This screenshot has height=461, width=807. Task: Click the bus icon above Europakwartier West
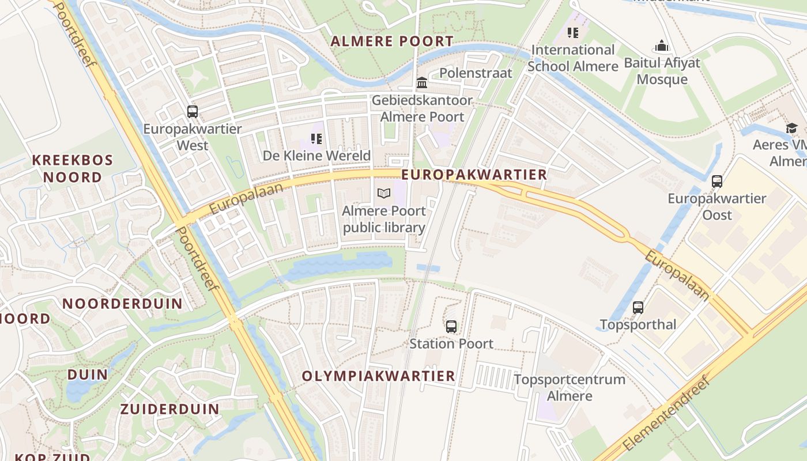click(193, 112)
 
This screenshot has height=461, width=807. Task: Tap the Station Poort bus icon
click(451, 327)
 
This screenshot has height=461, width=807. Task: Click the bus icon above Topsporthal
click(638, 308)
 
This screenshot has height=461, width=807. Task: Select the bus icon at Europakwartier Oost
click(717, 182)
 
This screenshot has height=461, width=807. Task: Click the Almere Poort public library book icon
click(384, 194)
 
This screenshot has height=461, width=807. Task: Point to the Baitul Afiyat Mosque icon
click(662, 46)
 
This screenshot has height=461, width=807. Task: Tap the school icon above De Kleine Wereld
click(316, 139)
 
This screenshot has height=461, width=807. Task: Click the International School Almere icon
click(572, 33)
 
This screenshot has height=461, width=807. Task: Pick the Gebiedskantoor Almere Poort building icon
click(422, 83)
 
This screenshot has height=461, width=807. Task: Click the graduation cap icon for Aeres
click(791, 128)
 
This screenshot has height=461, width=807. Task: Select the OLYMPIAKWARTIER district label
click(379, 376)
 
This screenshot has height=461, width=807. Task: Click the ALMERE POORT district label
click(392, 41)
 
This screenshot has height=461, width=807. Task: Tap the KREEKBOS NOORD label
click(73, 168)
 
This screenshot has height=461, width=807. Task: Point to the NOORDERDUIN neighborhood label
click(122, 304)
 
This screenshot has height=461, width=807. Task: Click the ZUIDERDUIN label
click(169, 409)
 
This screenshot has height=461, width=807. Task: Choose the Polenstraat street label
click(476, 73)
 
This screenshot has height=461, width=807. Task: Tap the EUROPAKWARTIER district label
click(474, 175)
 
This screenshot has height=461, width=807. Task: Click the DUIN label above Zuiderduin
click(88, 375)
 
